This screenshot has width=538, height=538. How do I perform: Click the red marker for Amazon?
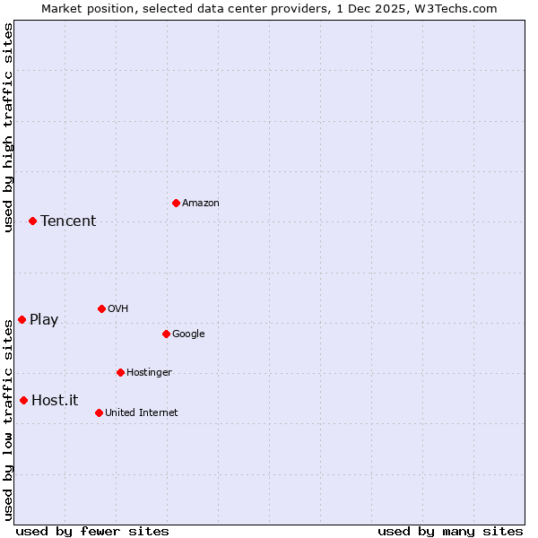tap(176, 203)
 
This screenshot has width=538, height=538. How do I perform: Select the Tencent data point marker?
tap(32, 221)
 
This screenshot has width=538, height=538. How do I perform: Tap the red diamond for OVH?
tap(101, 308)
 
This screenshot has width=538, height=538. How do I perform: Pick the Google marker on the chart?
tap(166, 334)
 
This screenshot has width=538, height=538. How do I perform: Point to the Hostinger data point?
tap(120, 372)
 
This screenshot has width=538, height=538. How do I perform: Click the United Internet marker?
tap(99, 412)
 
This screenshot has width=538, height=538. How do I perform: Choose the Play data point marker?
tap(22, 319)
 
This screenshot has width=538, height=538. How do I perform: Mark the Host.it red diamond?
tap(23, 400)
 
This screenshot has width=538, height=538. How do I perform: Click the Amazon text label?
tap(201, 204)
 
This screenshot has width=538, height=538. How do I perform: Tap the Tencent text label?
tap(68, 221)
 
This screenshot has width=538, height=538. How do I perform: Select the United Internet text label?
tap(142, 413)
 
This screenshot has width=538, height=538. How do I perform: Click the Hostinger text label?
tap(149, 373)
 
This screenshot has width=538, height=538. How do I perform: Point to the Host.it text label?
tap(55, 401)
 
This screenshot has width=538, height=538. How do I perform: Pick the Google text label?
tap(188, 334)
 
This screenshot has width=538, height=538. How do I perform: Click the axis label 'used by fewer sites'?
tap(92, 531)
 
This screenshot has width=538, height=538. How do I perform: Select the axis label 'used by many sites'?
tap(450, 531)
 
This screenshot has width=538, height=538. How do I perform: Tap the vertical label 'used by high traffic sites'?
tap(8, 127)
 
